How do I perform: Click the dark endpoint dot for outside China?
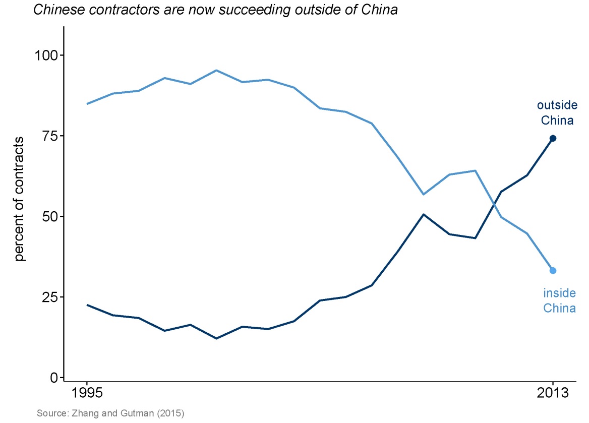coord(553,138)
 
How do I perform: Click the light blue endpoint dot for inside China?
coord(553,271)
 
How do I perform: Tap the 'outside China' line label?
coord(557,113)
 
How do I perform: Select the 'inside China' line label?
coord(559,300)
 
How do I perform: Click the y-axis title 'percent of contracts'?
coord(20,198)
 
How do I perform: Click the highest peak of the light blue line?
coord(216,70)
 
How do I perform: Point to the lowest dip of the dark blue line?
coord(216,338)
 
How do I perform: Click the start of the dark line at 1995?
coord(87,305)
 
